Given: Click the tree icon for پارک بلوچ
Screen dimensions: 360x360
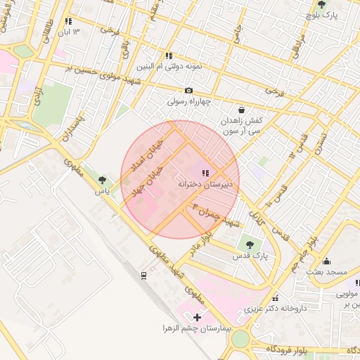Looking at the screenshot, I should tap(321, 4).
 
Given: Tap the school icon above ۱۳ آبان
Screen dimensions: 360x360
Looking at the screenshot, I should tap(68, 22).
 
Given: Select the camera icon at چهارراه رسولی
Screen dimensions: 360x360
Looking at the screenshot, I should tap(188, 90).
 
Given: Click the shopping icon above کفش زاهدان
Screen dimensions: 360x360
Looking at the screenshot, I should tap(242, 110).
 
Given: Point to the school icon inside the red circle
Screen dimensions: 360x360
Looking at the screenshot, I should tap(205, 173).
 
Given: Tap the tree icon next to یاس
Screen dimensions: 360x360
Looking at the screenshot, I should tap(103, 181).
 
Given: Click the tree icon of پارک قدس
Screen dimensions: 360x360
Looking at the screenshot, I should tap(250, 245).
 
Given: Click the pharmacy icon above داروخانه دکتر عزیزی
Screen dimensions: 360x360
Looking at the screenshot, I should tap(274, 297).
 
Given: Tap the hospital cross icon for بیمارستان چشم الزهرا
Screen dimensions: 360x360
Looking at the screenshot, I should tap(196, 318).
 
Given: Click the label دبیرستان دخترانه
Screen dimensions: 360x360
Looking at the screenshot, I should tap(207, 184).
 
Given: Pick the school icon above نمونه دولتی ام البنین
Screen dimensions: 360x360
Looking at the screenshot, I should tap(169, 55).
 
